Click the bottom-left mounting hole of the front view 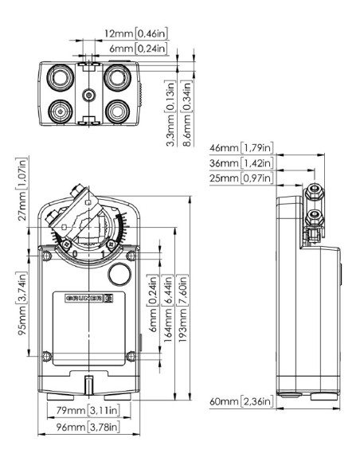(49, 355)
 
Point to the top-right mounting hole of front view (128, 255)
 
